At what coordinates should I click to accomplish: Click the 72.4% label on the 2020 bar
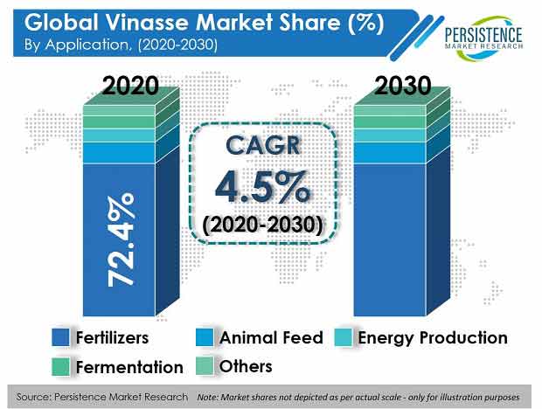point(121,240)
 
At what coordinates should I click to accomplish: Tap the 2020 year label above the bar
point(130,86)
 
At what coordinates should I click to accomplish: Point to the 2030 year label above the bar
point(403,86)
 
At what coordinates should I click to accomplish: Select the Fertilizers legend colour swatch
point(60,337)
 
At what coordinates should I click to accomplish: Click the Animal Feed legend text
point(271,337)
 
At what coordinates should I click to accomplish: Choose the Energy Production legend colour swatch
point(344,337)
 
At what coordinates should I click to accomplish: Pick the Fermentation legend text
point(129,367)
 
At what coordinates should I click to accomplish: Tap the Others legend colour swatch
point(205,366)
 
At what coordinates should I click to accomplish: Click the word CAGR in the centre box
point(263,145)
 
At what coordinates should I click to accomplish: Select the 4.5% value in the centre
point(262,187)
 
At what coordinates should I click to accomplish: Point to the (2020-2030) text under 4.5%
point(262,225)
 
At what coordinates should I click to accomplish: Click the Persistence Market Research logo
point(484,38)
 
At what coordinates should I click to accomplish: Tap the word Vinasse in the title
point(147,23)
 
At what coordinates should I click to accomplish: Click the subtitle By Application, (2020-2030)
point(121,45)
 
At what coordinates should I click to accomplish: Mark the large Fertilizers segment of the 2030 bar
point(390,239)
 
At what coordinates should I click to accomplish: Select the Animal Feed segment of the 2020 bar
point(119,153)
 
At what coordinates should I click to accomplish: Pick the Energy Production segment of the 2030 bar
point(390,135)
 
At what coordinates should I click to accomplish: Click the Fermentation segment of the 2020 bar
point(119,122)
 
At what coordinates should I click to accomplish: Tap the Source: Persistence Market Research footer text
point(102,397)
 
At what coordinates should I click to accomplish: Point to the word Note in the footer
point(206,398)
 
